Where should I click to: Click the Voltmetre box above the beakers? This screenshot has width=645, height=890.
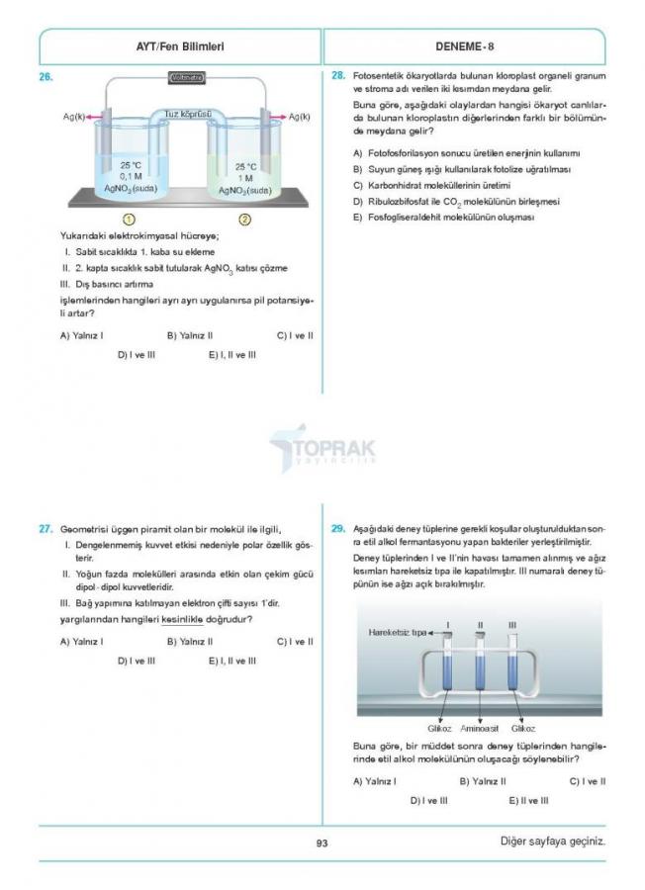click(x=187, y=77)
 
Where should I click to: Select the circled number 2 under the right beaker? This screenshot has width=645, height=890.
click(x=245, y=219)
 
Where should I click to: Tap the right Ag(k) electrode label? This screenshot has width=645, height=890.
click(x=299, y=117)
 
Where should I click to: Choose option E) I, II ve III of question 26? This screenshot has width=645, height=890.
click(x=232, y=354)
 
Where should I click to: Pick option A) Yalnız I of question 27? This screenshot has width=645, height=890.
click(x=82, y=641)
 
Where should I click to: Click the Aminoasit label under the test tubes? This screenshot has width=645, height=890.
click(x=480, y=727)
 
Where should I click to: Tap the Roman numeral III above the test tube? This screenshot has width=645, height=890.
click(x=511, y=624)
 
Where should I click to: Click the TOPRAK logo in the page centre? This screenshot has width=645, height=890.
click(x=322, y=451)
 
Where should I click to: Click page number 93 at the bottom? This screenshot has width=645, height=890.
click(x=322, y=843)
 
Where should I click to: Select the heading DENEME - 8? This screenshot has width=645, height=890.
click(x=464, y=45)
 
